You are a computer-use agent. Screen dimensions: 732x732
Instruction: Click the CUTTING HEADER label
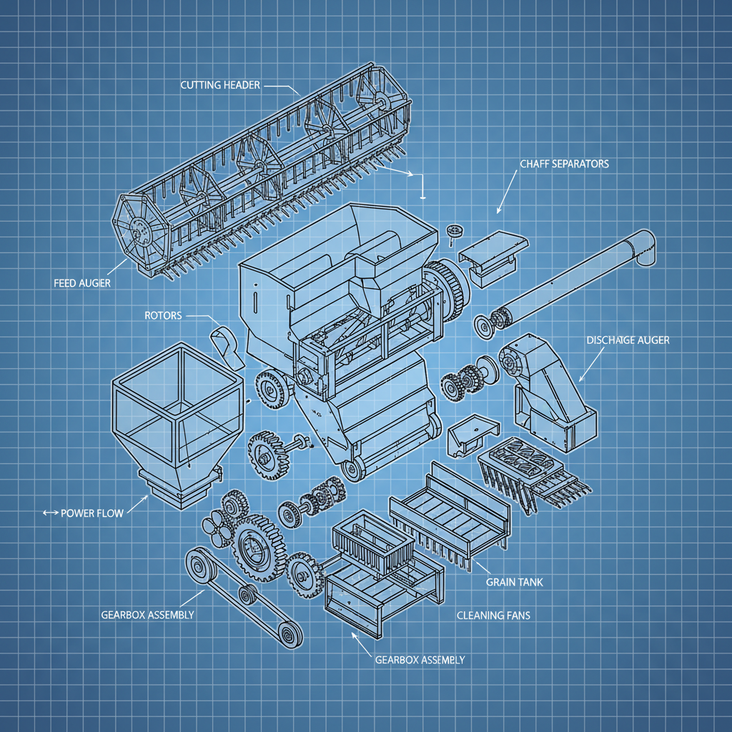(x=220, y=85)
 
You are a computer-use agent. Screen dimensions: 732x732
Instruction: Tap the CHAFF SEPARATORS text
(x=564, y=164)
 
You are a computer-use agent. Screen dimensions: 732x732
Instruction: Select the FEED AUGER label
(x=81, y=282)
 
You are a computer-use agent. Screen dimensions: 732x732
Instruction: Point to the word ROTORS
(x=163, y=315)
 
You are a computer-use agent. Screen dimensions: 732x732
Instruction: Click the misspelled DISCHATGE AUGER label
(x=627, y=340)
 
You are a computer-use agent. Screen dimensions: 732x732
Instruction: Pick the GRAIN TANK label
(x=514, y=582)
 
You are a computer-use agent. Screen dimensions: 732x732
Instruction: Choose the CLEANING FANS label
(x=493, y=615)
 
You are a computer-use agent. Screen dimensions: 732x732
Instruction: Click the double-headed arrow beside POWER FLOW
(x=49, y=513)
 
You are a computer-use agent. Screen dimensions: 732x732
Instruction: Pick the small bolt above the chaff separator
(x=452, y=232)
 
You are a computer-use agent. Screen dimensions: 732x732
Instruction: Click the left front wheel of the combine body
(x=269, y=390)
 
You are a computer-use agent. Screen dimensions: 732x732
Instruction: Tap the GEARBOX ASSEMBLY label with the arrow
(x=420, y=659)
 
